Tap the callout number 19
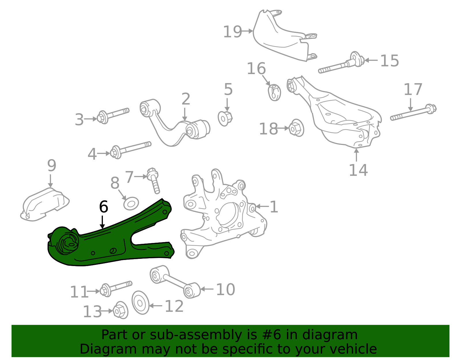click(233, 31)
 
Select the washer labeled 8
click(131, 203)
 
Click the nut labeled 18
click(296, 128)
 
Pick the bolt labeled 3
click(113, 114)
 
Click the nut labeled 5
click(225, 118)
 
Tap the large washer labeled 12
click(141, 303)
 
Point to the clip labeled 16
click(275, 92)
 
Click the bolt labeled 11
click(116, 287)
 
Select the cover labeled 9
click(45, 204)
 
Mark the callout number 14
click(358, 170)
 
